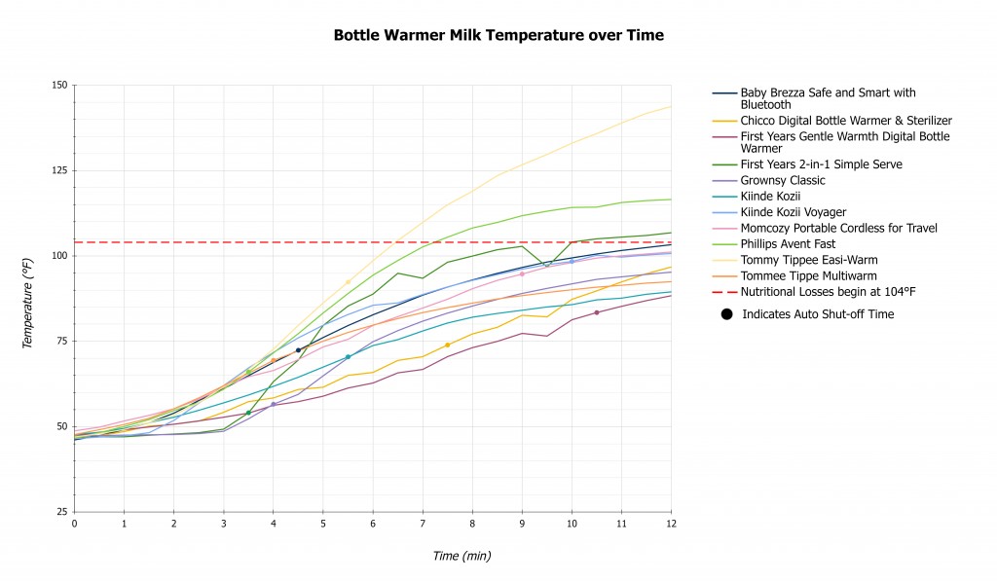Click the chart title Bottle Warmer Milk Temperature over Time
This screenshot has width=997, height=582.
coord(498,35)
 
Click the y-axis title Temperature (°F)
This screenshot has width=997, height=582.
coord(28,299)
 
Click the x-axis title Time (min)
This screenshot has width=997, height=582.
coord(462,556)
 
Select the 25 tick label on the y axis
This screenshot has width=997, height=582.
coord(61,512)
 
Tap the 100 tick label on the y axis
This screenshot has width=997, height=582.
coord(58,256)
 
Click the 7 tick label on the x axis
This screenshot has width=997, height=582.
coord(423,524)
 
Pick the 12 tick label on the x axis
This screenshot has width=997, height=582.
coord(671,524)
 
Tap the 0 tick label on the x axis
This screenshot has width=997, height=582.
coord(75,524)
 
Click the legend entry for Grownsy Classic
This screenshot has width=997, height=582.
coord(768,180)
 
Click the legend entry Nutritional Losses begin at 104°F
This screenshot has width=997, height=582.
coord(828,291)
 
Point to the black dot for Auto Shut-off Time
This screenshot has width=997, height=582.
coord(726,314)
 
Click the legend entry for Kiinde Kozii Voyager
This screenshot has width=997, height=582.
coord(793,212)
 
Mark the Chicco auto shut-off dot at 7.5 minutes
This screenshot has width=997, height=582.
coord(447,346)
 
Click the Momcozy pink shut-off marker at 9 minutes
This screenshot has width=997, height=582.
coord(522,273)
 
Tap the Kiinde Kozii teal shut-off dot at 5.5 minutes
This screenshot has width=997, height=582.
coord(348,356)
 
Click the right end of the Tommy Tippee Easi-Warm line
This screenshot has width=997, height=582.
coord(670,107)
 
